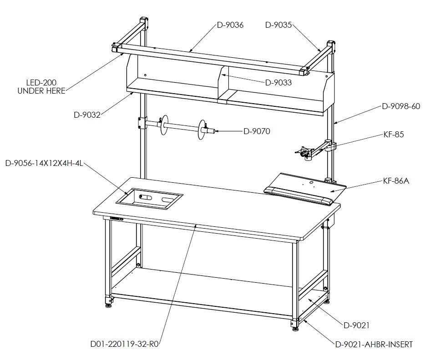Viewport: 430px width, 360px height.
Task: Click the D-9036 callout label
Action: coord(230,25)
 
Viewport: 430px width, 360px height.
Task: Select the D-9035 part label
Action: coord(278,25)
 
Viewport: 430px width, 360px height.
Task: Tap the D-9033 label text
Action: coord(278,82)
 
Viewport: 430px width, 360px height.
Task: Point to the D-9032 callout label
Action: coord(87,115)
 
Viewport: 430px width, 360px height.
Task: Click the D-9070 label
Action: coord(257,131)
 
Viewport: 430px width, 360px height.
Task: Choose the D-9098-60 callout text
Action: coord(401,106)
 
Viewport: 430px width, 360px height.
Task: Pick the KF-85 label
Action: coord(394,135)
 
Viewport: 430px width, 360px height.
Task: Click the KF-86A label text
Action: coord(396,181)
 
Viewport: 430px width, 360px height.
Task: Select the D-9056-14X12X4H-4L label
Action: coord(44,164)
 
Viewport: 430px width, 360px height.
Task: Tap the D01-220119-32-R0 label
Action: coord(125,344)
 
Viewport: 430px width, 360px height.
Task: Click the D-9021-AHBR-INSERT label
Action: coord(374,345)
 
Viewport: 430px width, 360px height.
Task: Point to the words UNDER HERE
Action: coord(41,91)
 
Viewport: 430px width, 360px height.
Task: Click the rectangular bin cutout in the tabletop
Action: coord(149,200)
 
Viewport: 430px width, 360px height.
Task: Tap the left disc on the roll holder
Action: coord(164,125)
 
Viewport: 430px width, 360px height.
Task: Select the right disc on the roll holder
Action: coord(202,130)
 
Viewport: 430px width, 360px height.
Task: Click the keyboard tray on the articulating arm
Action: coord(305,189)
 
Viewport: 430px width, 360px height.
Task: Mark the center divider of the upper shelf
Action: coord(223,85)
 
